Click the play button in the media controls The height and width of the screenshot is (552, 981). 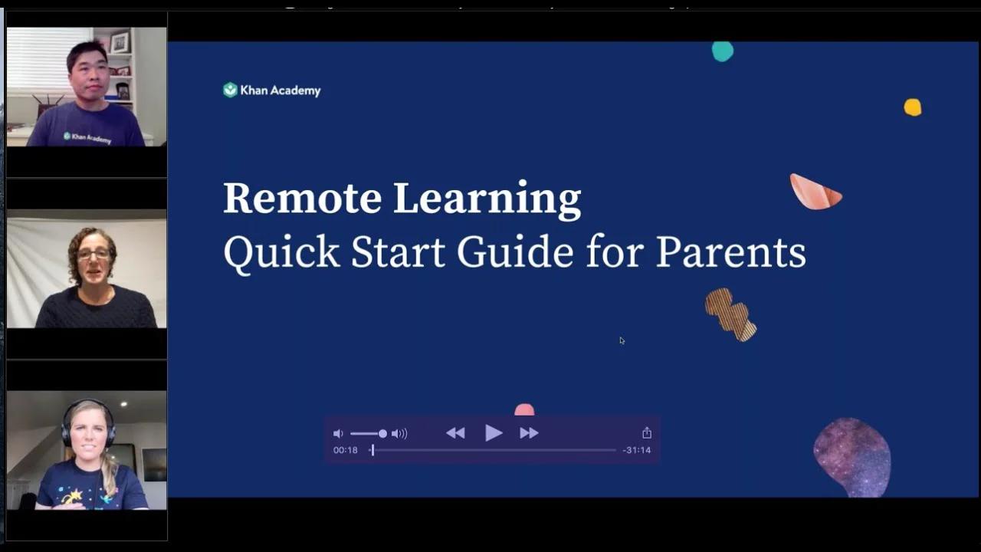coord(494,433)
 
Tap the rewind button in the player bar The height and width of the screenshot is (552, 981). coord(455,433)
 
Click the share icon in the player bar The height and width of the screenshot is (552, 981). coord(647,433)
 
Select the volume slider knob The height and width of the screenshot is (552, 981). coord(382,434)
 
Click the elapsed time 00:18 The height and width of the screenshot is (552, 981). coord(346,450)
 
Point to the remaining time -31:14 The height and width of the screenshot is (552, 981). coord(636,450)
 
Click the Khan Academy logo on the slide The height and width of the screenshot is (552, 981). coord(272,90)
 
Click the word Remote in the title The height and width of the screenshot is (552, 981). coord(302,199)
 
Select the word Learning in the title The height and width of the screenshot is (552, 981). coord(487,199)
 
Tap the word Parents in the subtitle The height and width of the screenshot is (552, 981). coord(730,252)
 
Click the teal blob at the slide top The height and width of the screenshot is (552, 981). coord(723,51)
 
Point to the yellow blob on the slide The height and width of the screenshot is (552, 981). coord(912,107)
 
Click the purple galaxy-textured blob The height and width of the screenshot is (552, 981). coord(852,457)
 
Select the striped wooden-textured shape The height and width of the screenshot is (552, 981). coord(730,314)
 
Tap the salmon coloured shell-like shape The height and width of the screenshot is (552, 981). coord(815,192)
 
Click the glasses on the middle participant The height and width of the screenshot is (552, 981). coord(94,254)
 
